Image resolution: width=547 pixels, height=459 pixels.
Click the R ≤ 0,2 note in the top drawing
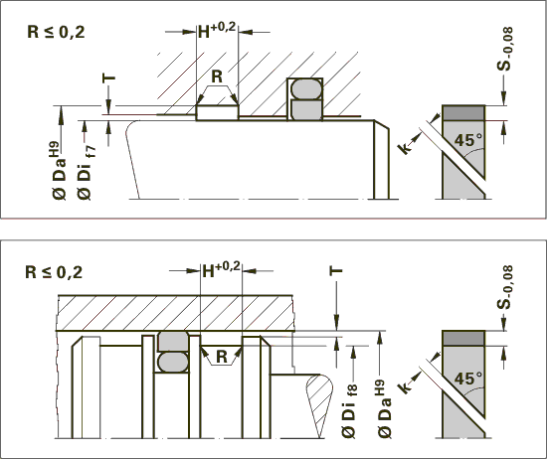point(56,32)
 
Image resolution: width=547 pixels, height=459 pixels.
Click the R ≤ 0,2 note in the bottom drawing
point(54,272)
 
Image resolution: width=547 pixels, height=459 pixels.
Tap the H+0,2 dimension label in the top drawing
point(217,30)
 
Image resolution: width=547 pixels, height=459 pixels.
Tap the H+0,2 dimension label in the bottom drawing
point(222,269)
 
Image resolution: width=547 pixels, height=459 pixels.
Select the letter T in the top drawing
point(108,78)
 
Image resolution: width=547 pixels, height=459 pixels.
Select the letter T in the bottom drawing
point(336,271)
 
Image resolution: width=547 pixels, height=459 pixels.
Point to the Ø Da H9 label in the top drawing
point(60,171)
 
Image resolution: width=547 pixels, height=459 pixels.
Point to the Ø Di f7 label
point(87,173)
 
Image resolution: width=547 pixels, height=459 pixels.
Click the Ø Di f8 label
point(349,410)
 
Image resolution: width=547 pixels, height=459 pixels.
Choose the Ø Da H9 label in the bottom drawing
point(384,408)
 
